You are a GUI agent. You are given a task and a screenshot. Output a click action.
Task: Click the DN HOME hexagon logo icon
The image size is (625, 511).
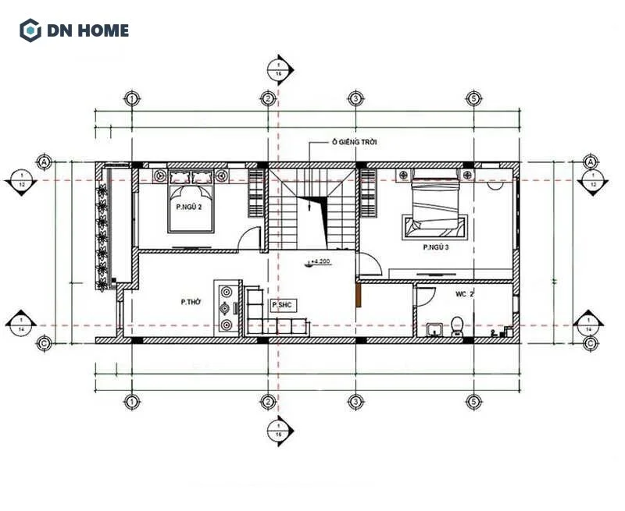point(30,30)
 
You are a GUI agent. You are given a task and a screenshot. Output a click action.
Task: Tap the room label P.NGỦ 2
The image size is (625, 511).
point(188,208)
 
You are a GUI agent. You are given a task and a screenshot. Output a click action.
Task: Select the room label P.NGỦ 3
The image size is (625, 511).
point(436,247)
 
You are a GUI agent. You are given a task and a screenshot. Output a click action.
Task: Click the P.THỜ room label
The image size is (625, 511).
point(191,300)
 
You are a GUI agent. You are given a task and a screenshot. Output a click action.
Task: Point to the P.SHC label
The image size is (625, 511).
point(281,305)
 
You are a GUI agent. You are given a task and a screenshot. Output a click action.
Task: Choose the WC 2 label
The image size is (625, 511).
point(466,295)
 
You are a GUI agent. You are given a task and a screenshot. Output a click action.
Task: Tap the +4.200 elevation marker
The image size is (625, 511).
point(320,263)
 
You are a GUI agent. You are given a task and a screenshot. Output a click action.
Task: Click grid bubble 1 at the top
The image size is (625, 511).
point(132,99)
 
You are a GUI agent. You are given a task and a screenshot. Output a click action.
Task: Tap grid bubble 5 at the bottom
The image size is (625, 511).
point(473,402)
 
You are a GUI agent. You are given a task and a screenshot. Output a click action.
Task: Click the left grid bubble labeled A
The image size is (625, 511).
point(44,161)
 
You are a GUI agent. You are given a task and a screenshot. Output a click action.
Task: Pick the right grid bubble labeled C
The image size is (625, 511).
point(591,342)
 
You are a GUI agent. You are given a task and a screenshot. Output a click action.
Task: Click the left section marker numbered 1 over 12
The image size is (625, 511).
point(22,180)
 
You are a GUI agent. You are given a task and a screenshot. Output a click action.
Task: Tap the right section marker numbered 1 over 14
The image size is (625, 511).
point(589,325)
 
